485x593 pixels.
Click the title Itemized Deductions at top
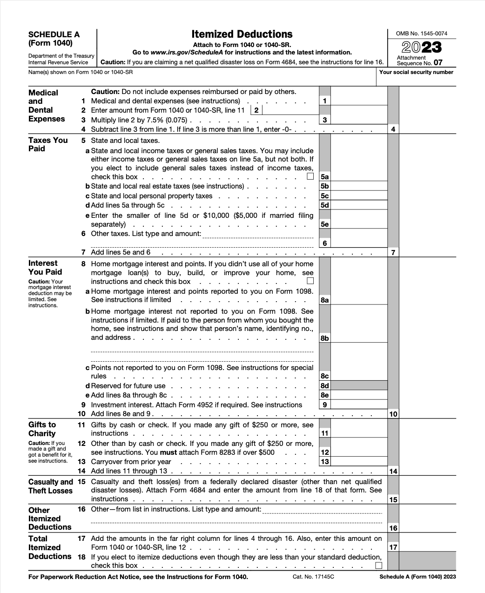tap(242, 34)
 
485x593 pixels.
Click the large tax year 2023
tap(421, 47)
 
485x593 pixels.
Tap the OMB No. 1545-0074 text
tap(421, 34)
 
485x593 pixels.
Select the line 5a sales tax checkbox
tap(310, 176)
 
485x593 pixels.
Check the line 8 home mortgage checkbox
tap(310, 281)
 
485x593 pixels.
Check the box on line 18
tap(379, 566)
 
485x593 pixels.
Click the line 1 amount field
tap(358, 101)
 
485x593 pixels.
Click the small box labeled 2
tap(256, 110)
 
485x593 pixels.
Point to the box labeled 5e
tap(324, 224)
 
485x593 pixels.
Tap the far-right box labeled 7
tap(393, 252)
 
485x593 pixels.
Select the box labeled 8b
tap(324, 338)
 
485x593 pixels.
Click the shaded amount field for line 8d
tap(358, 385)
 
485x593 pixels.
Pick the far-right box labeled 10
tap(393, 414)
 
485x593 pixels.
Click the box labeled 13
tap(324, 461)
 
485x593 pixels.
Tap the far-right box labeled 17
tap(393, 547)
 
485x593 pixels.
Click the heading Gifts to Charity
tap(42, 429)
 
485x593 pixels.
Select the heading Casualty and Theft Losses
tap(50, 486)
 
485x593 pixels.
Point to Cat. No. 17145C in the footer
tap(313, 577)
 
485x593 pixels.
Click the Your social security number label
tap(416, 72)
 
